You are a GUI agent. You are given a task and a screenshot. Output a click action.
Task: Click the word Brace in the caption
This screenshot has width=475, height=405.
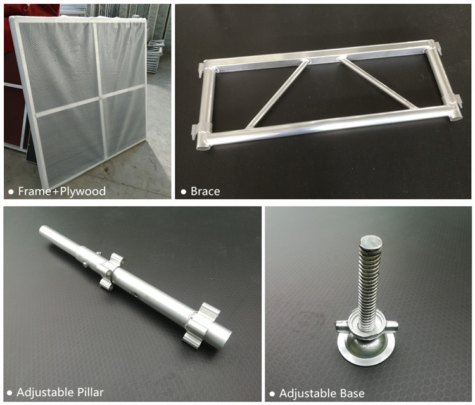tap(205, 191)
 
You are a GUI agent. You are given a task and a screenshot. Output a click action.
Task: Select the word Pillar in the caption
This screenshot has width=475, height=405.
tap(91, 392)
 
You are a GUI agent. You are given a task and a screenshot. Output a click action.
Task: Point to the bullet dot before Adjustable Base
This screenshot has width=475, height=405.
tap(272, 394)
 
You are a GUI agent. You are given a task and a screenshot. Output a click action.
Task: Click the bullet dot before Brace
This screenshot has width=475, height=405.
tap(183, 192)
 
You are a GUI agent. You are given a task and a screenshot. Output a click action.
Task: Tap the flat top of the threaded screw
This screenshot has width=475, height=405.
tap(370, 243)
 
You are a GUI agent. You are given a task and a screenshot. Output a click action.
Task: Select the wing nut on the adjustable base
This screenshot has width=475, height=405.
tap(367, 327)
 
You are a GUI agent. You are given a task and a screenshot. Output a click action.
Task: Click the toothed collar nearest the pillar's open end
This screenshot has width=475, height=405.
tap(201, 325)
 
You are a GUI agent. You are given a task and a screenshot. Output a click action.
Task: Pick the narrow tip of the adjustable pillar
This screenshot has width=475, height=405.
tap(43, 230)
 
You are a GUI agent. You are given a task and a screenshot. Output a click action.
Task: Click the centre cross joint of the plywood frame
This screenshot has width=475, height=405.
tap(100, 97)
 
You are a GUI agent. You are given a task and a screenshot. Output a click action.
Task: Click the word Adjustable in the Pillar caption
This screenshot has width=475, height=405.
tap(45, 392)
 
